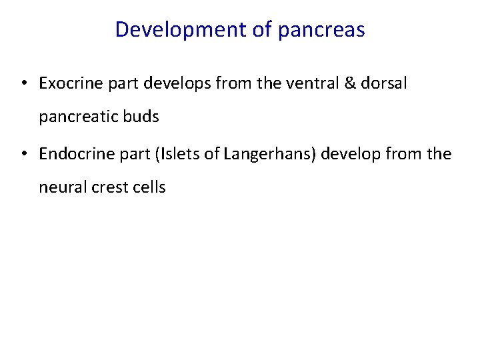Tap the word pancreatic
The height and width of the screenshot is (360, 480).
point(77,117)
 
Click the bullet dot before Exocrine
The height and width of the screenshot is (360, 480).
point(23,84)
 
